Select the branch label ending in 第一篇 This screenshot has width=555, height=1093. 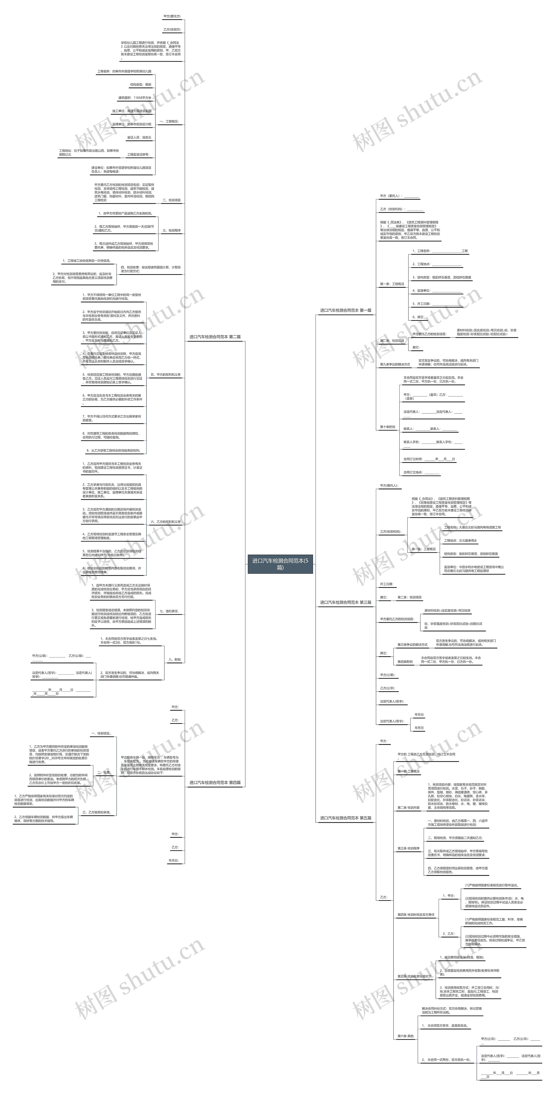click(x=346, y=311)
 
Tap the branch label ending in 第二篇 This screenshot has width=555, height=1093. click(x=215, y=337)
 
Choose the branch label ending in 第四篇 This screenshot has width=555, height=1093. click(x=215, y=782)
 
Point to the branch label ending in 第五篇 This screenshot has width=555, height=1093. click(x=346, y=818)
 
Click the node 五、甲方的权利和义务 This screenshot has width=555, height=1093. click(x=165, y=375)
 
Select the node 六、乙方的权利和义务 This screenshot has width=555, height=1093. click(x=165, y=522)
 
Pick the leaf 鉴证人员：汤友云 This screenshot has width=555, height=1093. click(x=139, y=138)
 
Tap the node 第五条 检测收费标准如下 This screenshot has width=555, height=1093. click(x=414, y=976)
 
